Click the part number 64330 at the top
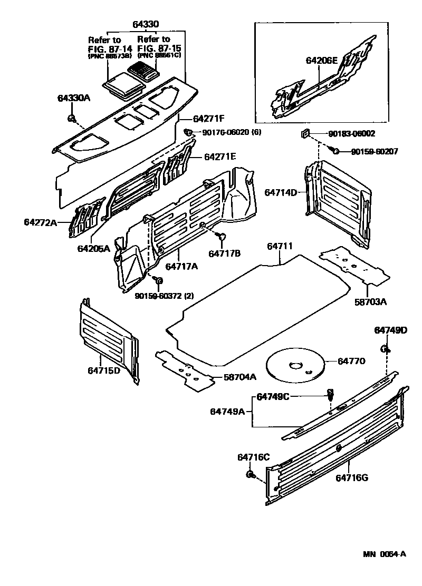[x=146, y=24]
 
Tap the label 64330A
[x=74, y=98]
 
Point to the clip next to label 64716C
[x=251, y=475]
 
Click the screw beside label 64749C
[x=330, y=394]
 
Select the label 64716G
[x=352, y=478]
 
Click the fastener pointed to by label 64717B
[x=222, y=237]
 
